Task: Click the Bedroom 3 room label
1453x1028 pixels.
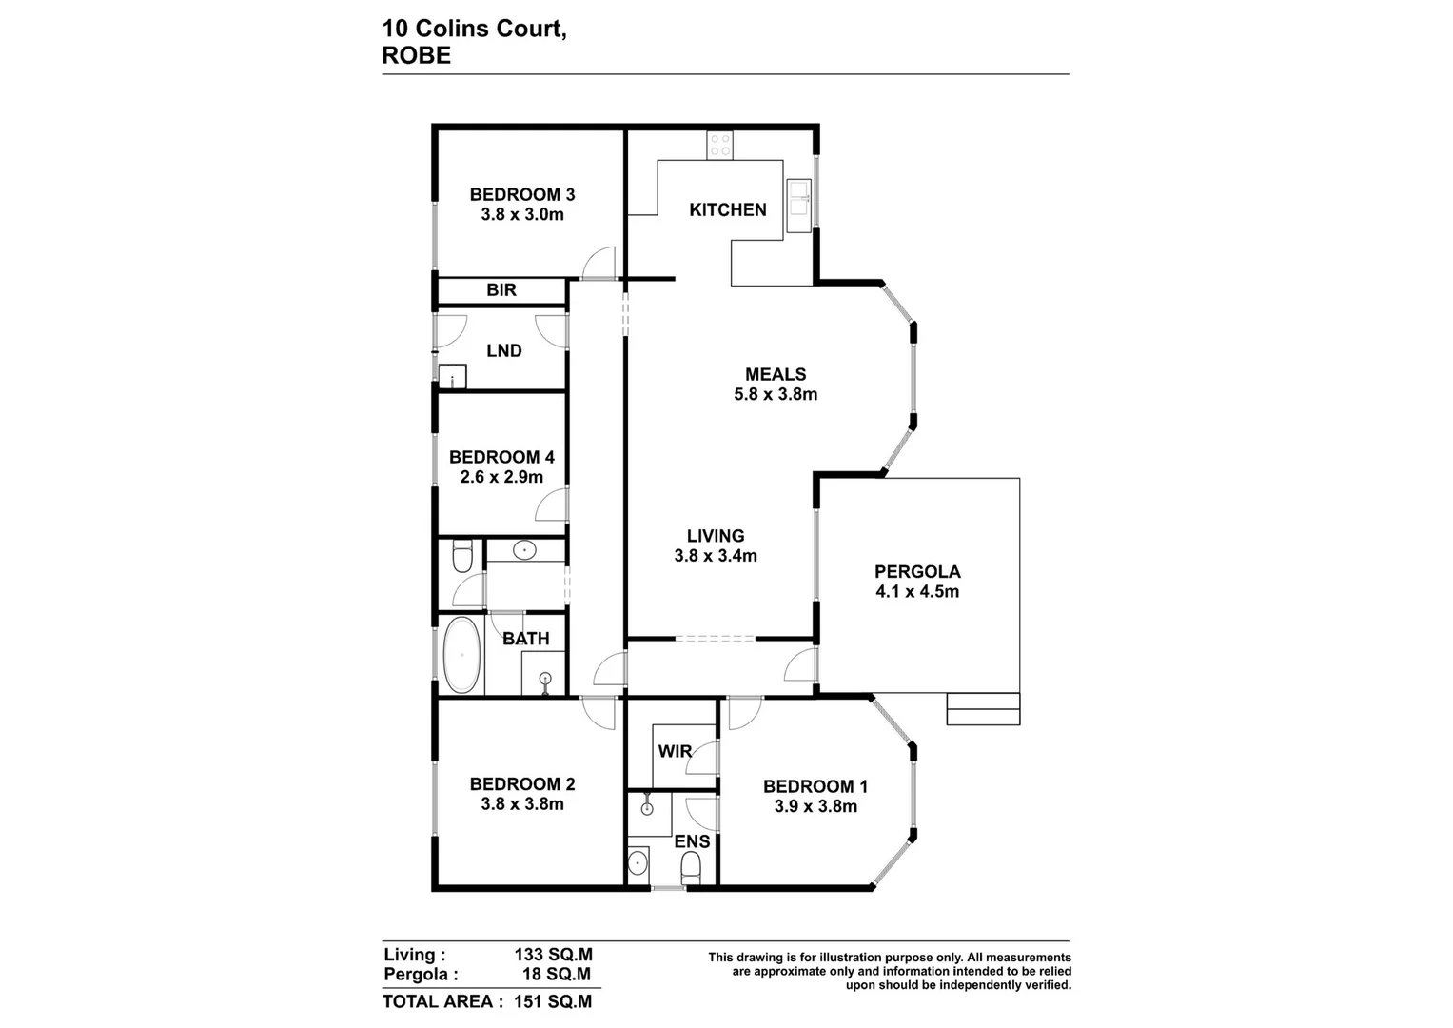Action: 521,194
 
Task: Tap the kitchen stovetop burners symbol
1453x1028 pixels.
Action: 720,145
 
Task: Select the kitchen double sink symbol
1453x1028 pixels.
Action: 797,205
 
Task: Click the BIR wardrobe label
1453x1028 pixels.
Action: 501,290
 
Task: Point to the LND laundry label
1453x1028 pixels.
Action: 503,350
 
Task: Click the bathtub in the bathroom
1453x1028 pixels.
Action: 463,655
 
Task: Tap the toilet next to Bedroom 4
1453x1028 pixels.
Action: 462,556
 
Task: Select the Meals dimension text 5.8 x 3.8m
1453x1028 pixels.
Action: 776,394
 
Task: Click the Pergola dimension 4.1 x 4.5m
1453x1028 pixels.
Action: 917,591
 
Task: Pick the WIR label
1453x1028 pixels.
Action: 675,752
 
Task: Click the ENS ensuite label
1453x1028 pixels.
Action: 692,841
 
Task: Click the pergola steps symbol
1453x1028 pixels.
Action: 983,709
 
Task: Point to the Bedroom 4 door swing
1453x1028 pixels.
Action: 553,504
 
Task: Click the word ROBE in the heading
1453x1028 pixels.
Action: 416,55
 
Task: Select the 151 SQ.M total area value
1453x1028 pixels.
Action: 553,1001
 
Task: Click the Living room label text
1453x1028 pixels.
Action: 716,536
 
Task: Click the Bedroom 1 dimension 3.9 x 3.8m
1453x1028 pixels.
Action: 815,806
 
